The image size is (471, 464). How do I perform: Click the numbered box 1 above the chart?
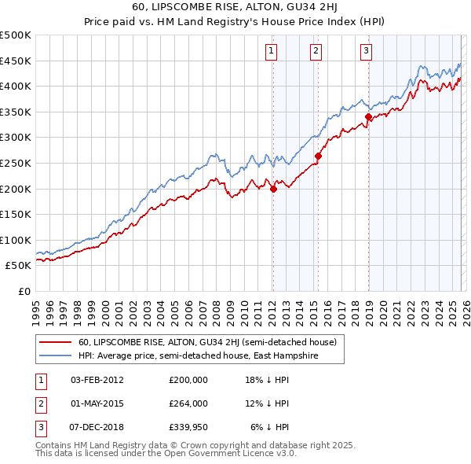pos(271,51)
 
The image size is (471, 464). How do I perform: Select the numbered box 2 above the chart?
pos(316,51)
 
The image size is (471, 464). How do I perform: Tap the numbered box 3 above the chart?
pos(366,51)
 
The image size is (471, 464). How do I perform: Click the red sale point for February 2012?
pos(273,189)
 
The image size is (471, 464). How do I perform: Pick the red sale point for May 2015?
pos(318,156)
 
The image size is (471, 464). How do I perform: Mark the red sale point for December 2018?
pos(368,117)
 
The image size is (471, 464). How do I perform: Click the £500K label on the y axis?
pos(16,35)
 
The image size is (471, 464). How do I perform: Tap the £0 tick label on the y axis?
pos(24,291)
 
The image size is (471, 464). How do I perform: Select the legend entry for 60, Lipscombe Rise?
pos(207,342)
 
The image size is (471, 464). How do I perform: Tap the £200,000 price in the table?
pos(188,380)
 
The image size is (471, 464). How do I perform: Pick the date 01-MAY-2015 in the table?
pos(98,403)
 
